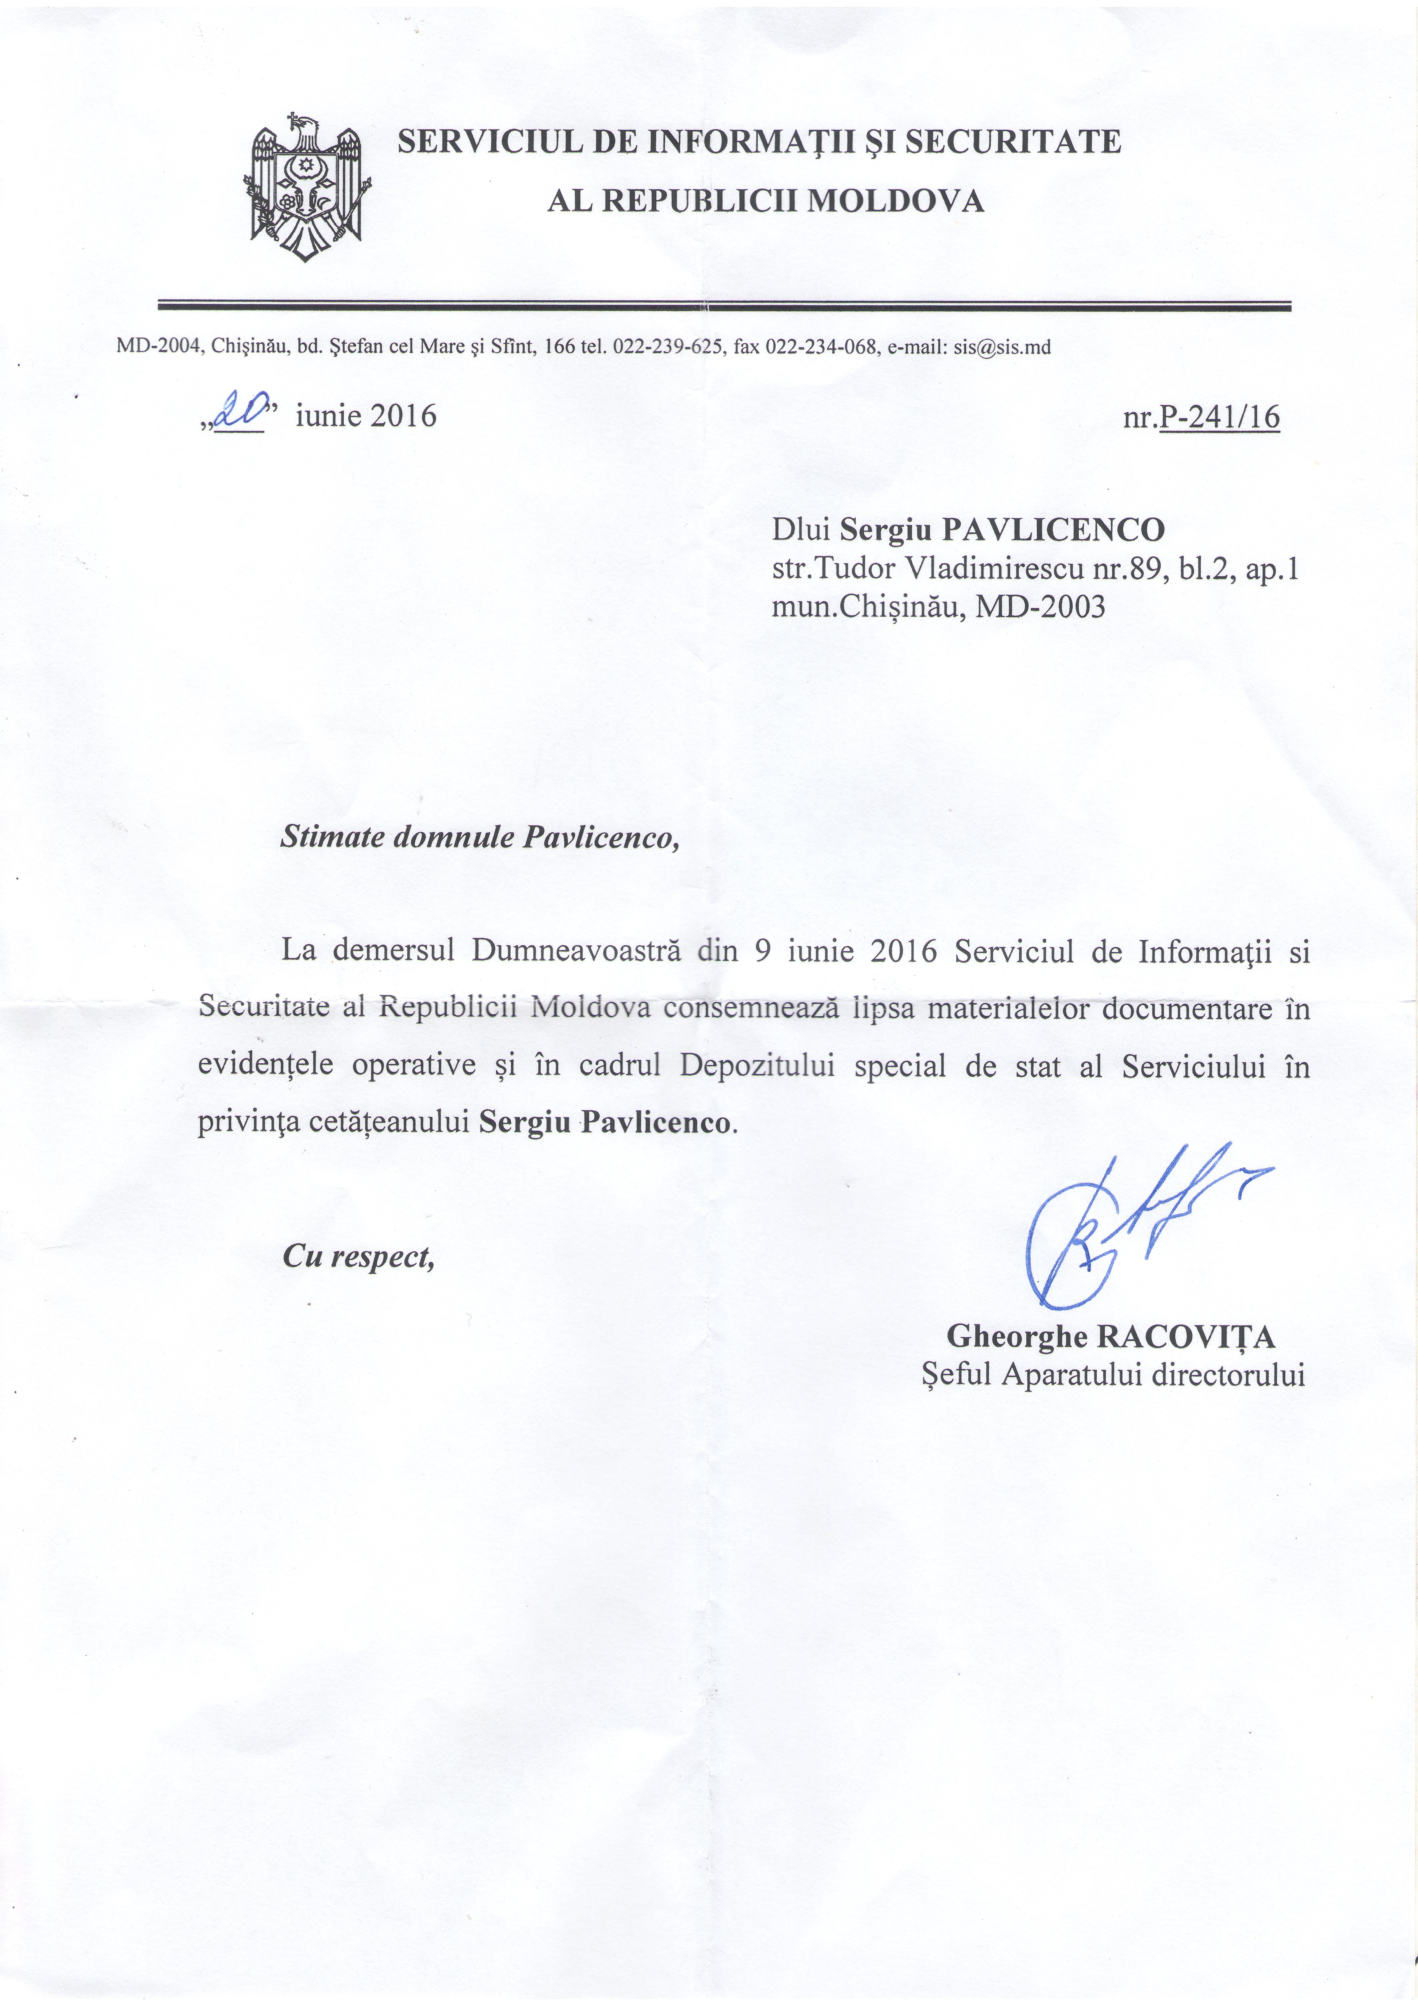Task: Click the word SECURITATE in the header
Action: [1013, 142]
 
